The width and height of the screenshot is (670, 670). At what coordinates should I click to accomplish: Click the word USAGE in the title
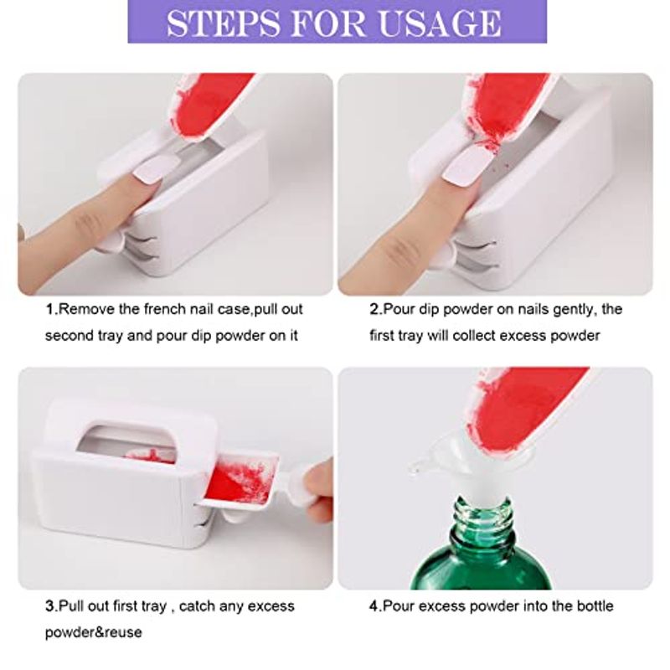point(441,23)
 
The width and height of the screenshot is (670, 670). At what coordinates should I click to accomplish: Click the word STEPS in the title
point(222,23)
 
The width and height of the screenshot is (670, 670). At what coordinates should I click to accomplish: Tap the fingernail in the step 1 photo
point(152,168)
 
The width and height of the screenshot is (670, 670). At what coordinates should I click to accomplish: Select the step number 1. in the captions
point(52,309)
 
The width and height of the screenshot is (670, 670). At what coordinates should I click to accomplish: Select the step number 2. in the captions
point(376,309)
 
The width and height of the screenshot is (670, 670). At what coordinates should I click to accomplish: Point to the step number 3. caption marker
point(51,606)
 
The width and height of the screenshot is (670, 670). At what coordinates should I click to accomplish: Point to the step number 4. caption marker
point(375,606)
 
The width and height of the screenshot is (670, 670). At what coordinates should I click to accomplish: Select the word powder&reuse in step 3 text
point(94,632)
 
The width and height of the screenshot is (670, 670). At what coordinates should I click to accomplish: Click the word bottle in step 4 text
point(595,606)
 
